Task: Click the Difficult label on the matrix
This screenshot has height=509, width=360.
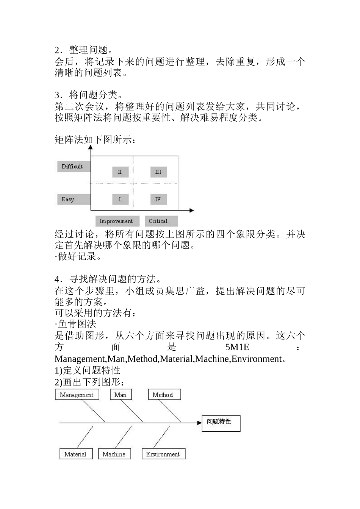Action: tap(73, 167)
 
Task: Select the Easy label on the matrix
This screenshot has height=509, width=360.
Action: tap(73, 199)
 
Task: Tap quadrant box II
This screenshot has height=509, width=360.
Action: tap(120, 172)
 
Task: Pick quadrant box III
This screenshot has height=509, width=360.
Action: tap(158, 172)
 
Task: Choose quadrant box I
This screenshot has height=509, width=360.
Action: tap(120, 199)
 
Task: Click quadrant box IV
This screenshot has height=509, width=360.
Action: tap(158, 199)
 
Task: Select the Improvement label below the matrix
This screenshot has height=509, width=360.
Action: tap(117, 221)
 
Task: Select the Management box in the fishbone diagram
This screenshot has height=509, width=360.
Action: tap(77, 395)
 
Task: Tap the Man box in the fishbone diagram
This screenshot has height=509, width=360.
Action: tap(121, 395)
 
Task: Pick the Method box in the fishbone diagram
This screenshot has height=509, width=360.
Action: tap(164, 395)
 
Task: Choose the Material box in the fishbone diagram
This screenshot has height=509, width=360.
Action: tap(76, 454)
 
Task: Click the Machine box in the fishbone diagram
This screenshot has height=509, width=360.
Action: tap(114, 454)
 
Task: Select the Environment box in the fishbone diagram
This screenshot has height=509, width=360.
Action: tap(163, 454)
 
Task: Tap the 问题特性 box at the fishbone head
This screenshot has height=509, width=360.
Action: tap(221, 423)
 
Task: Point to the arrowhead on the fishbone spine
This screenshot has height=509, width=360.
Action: tap(199, 422)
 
